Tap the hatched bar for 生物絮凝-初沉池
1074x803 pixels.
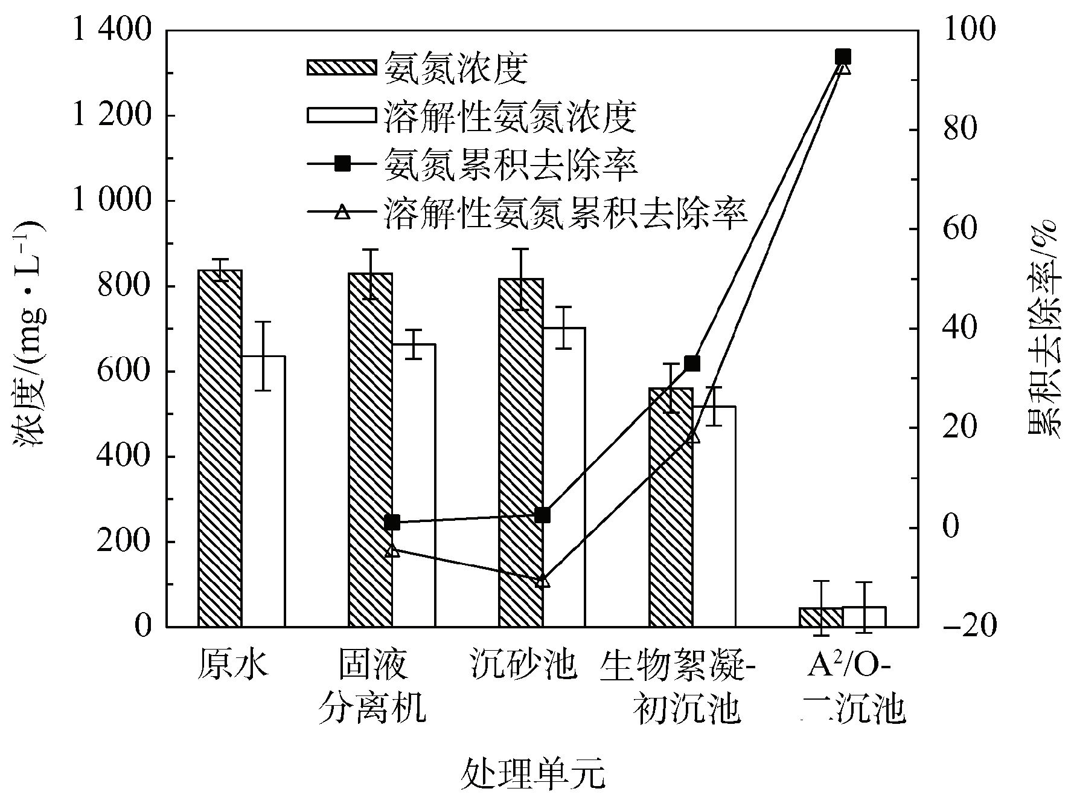671,508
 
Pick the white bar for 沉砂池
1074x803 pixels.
564,477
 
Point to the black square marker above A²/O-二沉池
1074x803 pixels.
843,57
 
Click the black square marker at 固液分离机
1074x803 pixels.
392,523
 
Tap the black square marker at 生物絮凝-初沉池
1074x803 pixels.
692,363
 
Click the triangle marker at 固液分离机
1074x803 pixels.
392,550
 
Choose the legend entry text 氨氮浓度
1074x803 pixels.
456,68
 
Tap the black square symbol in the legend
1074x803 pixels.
343,164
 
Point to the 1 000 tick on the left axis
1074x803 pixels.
111,201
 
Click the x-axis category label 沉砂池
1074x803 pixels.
524,665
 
